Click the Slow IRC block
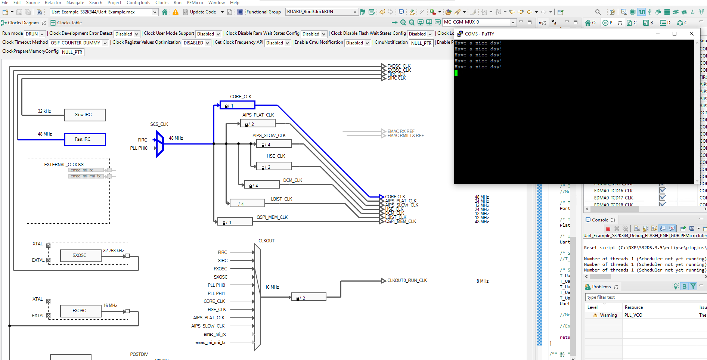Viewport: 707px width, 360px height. click(x=85, y=115)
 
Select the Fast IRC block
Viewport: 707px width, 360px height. click(x=85, y=139)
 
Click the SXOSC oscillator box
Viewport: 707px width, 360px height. click(x=80, y=255)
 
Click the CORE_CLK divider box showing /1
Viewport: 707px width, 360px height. click(x=238, y=105)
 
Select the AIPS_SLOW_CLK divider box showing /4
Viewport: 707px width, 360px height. click(x=274, y=144)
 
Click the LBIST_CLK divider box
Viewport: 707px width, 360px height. click(x=247, y=204)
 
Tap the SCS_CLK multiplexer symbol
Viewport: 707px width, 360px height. click(x=160, y=144)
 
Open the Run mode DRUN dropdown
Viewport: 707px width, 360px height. click(x=35, y=34)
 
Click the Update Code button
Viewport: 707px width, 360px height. click(x=203, y=12)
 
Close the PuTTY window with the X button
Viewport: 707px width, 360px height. click(x=691, y=34)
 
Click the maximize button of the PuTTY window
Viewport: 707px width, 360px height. click(x=674, y=34)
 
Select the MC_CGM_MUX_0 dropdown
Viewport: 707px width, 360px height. click(x=479, y=22)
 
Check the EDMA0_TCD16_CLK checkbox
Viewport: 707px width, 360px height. click(x=662, y=190)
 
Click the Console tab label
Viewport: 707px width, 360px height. click(x=600, y=220)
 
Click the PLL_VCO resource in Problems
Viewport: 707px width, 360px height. click(x=633, y=315)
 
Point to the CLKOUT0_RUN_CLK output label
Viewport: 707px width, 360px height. click(x=407, y=280)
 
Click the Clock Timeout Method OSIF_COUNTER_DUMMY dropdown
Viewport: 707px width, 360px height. click(x=78, y=43)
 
